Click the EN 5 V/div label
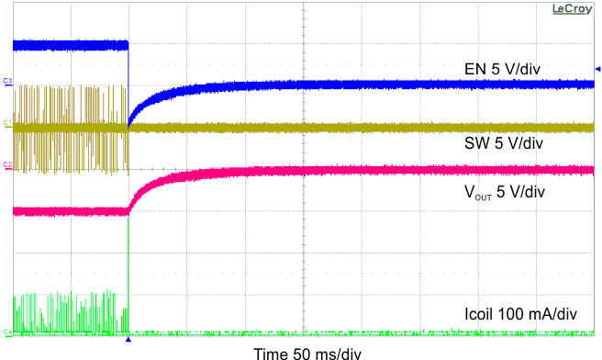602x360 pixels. pyautogui.click(x=504, y=69)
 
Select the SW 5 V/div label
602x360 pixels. pyautogui.click(x=505, y=143)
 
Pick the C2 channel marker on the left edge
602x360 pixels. pyautogui.click(x=7, y=166)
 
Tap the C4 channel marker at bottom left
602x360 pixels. pyautogui.click(x=7, y=332)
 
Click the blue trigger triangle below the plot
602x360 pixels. pyautogui.click(x=128, y=339)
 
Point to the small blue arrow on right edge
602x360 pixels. pyautogui.click(x=597, y=68)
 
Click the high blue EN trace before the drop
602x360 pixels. pyautogui.click(x=69, y=43)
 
